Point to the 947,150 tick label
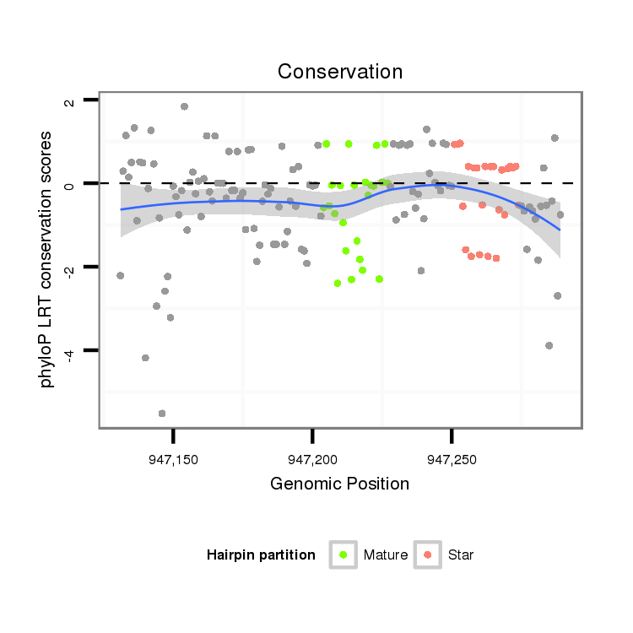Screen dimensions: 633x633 click(173, 460)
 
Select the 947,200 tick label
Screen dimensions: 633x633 click(312, 460)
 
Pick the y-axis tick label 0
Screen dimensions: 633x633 click(69, 183)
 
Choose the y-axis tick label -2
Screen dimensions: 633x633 click(69, 267)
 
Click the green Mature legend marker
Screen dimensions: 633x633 click(344, 555)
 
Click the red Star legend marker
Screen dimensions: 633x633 click(428, 555)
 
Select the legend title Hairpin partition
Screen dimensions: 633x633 click(261, 555)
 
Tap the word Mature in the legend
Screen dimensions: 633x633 click(386, 555)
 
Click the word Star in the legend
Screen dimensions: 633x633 click(461, 555)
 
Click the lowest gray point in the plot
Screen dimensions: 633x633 click(162, 414)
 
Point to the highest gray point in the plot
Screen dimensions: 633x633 click(184, 106)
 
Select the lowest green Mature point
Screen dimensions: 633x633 click(338, 284)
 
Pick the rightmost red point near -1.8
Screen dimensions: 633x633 click(496, 258)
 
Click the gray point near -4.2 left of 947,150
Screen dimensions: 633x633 click(145, 358)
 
